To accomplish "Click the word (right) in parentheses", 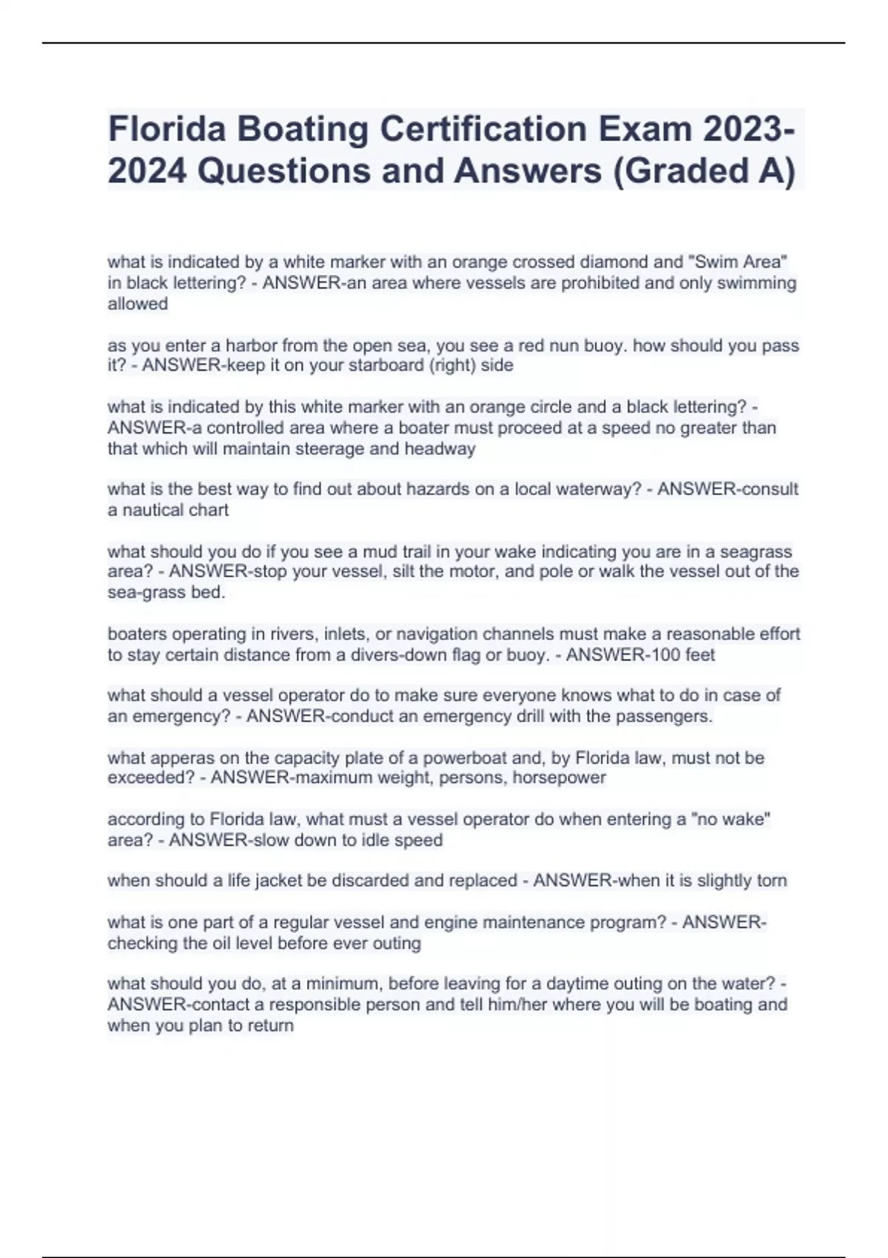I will [451, 366].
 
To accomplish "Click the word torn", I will [772, 881].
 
